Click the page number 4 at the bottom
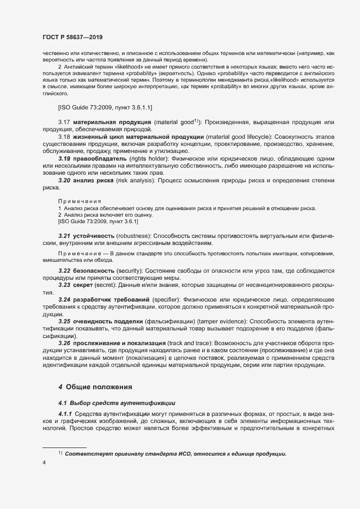(44, 463)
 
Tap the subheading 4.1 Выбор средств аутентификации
(117, 403)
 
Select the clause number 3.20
(64, 180)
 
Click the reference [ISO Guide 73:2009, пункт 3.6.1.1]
(106, 107)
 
